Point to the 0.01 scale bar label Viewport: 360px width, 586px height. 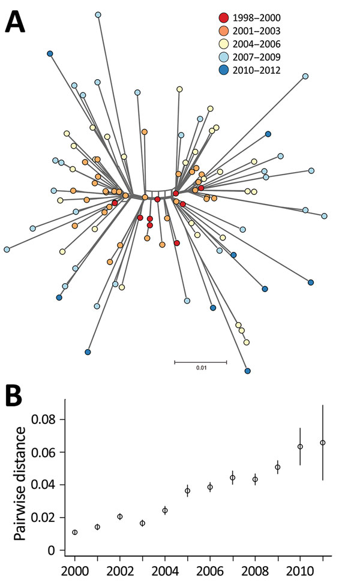click(x=200, y=368)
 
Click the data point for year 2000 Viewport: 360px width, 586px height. click(x=74, y=532)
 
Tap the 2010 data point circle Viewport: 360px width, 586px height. click(x=300, y=446)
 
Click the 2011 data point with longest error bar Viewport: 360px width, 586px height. click(x=323, y=443)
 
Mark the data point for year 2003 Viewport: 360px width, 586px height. click(x=142, y=523)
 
